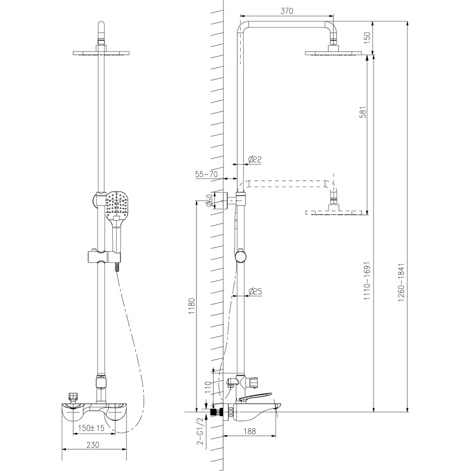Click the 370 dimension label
click(287, 11)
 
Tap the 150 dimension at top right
click(368, 38)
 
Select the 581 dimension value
click(363, 112)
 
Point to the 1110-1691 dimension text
click(367, 281)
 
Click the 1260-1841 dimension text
click(401, 282)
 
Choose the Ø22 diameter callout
click(255, 159)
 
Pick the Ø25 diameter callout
click(255, 291)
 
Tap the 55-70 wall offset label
click(206, 174)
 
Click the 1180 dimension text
click(192, 306)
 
